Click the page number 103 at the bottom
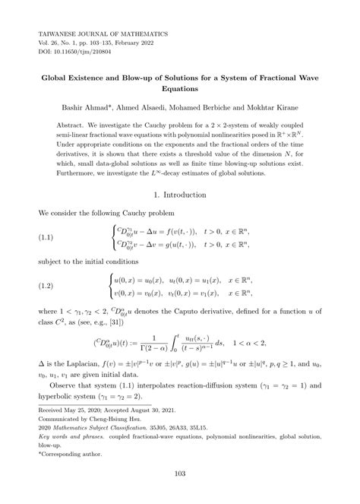pos(180,474)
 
